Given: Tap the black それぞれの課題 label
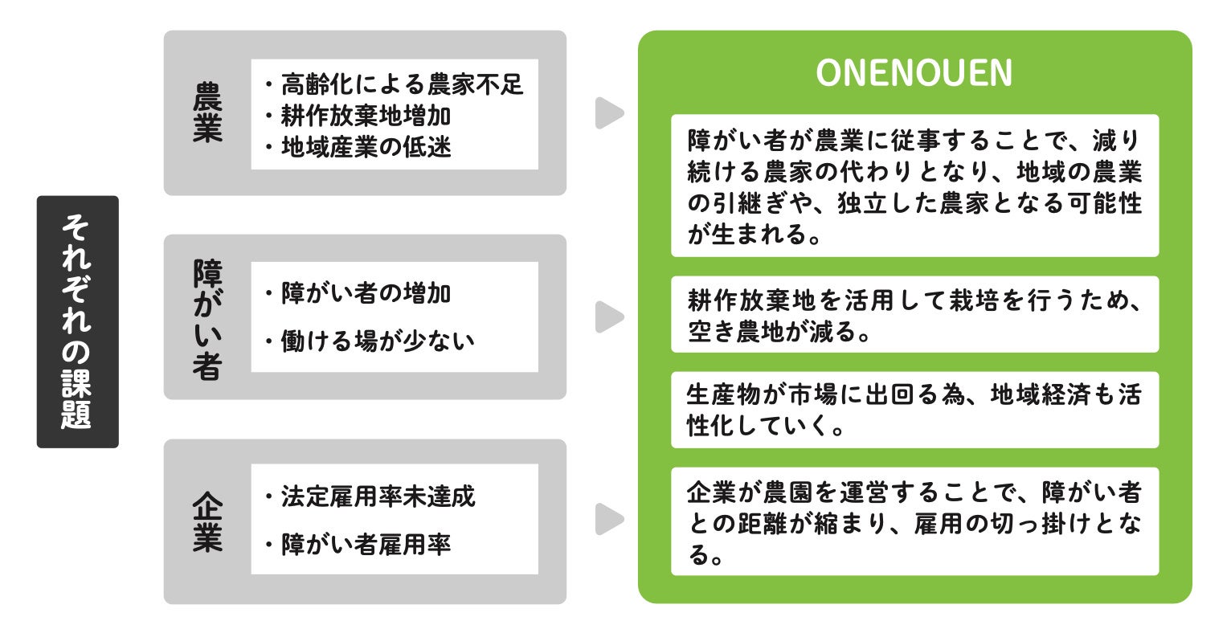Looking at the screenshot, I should pos(77,321).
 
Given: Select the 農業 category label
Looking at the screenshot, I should pos(207,113).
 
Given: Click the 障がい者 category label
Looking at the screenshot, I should pos(207,317).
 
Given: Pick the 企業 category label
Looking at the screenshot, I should pos(207,521).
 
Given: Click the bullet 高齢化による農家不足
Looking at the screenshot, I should pos(394,84).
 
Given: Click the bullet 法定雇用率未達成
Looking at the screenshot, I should pos(370,496).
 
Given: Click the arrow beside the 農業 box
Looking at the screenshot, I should pos(608,113).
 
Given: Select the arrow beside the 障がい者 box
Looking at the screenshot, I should pos(608,317).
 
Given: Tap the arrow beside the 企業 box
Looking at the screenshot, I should pos(608,520).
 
